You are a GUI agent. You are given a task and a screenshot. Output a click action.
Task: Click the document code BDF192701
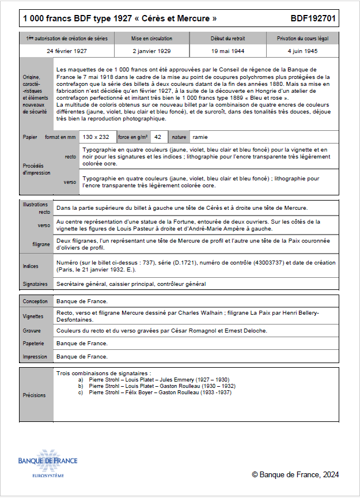click(x=313, y=19)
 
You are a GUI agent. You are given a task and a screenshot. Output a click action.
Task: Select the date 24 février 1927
click(x=67, y=51)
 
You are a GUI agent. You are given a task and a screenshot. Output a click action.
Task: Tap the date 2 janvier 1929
click(x=152, y=51)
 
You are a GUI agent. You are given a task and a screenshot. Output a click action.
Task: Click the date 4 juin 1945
click(x=302, y=51)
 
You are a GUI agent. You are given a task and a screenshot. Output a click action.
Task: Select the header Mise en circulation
click(x=152, y=39)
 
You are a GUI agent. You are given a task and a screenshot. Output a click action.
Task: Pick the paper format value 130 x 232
click(x=96, y=137)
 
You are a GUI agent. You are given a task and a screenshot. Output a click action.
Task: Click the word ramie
click(x=200, y=137)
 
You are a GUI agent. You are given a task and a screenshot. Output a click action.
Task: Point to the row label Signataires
click(x=35, y=284)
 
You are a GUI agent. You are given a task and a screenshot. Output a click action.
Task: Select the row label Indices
click(x=31, y=266)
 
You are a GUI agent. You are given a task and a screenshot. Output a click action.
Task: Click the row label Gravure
click(x=32, y=331)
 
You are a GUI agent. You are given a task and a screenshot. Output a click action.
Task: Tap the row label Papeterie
click(x=33, y=344)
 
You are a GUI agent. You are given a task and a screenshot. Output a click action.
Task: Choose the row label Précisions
click(x=34, y=395)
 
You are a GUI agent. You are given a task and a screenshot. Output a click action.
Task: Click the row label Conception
click(x=36, y=301)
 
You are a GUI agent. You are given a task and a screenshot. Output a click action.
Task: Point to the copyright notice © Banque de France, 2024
click(x=295, y=475)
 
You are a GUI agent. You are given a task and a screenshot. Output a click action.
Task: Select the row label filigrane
click(x=40, y=244)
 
